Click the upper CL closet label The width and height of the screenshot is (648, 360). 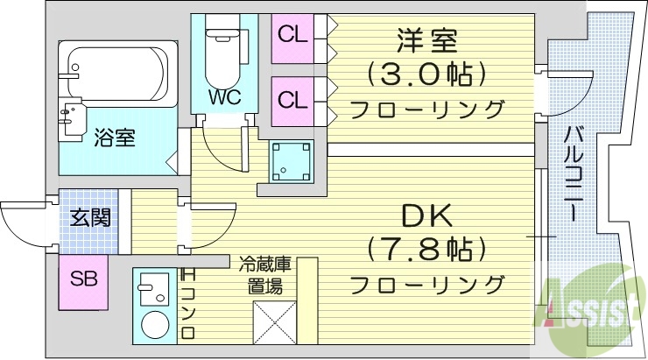click(x=292, y=36)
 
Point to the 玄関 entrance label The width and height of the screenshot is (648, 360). click(x=90, y=217)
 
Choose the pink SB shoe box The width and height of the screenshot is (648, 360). click(x=83, y=280)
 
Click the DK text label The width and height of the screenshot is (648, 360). click(x=427, y=215)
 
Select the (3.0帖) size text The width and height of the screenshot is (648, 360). click(x=426, y=74)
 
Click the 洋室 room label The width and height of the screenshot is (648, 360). click(x=427, y=39)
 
